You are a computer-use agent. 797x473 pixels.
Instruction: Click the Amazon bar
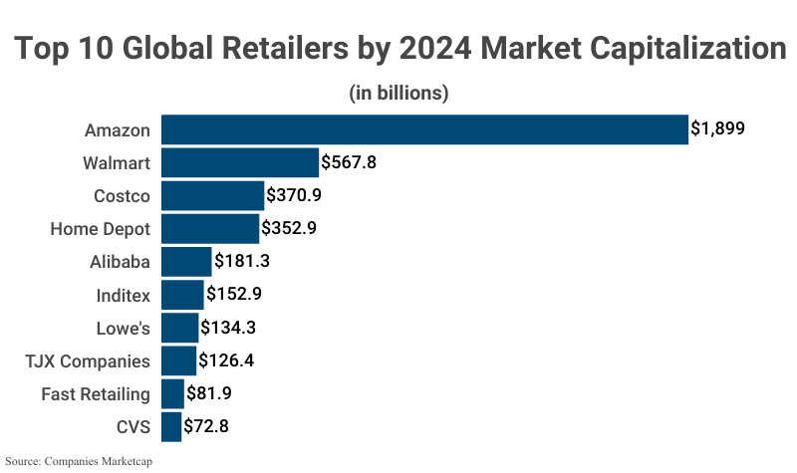[424, 129]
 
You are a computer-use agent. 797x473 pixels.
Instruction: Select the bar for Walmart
[239, 162]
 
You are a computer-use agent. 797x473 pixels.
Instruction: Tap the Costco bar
[212, 195]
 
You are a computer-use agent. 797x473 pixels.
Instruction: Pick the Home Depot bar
[209, 228]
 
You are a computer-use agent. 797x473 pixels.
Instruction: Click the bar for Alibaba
[185, 262]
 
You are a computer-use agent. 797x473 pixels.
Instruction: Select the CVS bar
[171, 427]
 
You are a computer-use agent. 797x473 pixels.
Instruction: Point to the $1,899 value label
[718, 129]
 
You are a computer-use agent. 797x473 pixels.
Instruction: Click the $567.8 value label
[349, 162]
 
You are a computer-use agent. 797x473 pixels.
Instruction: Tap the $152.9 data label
[234, 295]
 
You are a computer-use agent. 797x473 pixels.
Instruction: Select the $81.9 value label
[210, 394]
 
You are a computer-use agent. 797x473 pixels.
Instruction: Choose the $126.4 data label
[226, 360]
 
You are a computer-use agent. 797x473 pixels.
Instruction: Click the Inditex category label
[123, 295]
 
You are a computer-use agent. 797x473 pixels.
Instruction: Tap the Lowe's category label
[123, 328]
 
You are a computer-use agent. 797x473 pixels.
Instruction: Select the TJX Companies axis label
[89, 360]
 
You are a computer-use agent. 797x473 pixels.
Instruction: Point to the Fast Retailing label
[96, 394]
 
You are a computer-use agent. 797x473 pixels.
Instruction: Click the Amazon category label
[118, 129]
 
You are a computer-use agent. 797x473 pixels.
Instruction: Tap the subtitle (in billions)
[398, 93]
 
